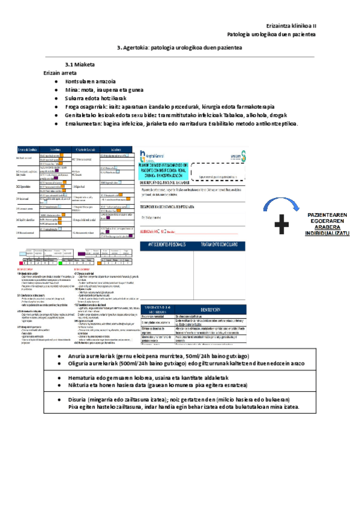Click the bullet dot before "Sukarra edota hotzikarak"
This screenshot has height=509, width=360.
pyautogui.click(x=56, y=98)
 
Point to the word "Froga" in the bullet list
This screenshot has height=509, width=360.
pyautogui.click(x=73, y=106)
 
